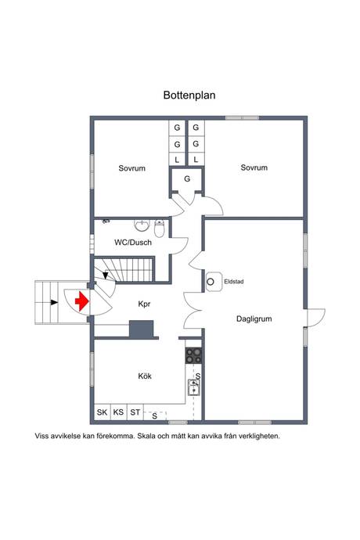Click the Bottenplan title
tap(189, 95)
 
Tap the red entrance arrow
tap(82, 301)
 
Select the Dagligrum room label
tap(254, 319)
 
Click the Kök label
tap(145, 376)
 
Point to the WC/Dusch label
tap(133, 243)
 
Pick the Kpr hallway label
tap(144, 304)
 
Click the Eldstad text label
tap(234, 282)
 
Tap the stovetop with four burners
tap(193, 356)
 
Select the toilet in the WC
tap(160, 228)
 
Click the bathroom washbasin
tap(142, 225)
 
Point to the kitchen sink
tap(193, 387)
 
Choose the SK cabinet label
tap(102, 412)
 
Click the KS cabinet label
tap(118, 412)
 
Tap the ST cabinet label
tap(135, 412)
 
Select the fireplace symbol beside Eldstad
tap(214, 282)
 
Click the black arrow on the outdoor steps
tap(54, 302)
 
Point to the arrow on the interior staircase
tap(106, 275)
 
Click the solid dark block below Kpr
tap(141, 329)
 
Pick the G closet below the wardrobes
tap(187, 178)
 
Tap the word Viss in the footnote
tap(41, 436)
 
